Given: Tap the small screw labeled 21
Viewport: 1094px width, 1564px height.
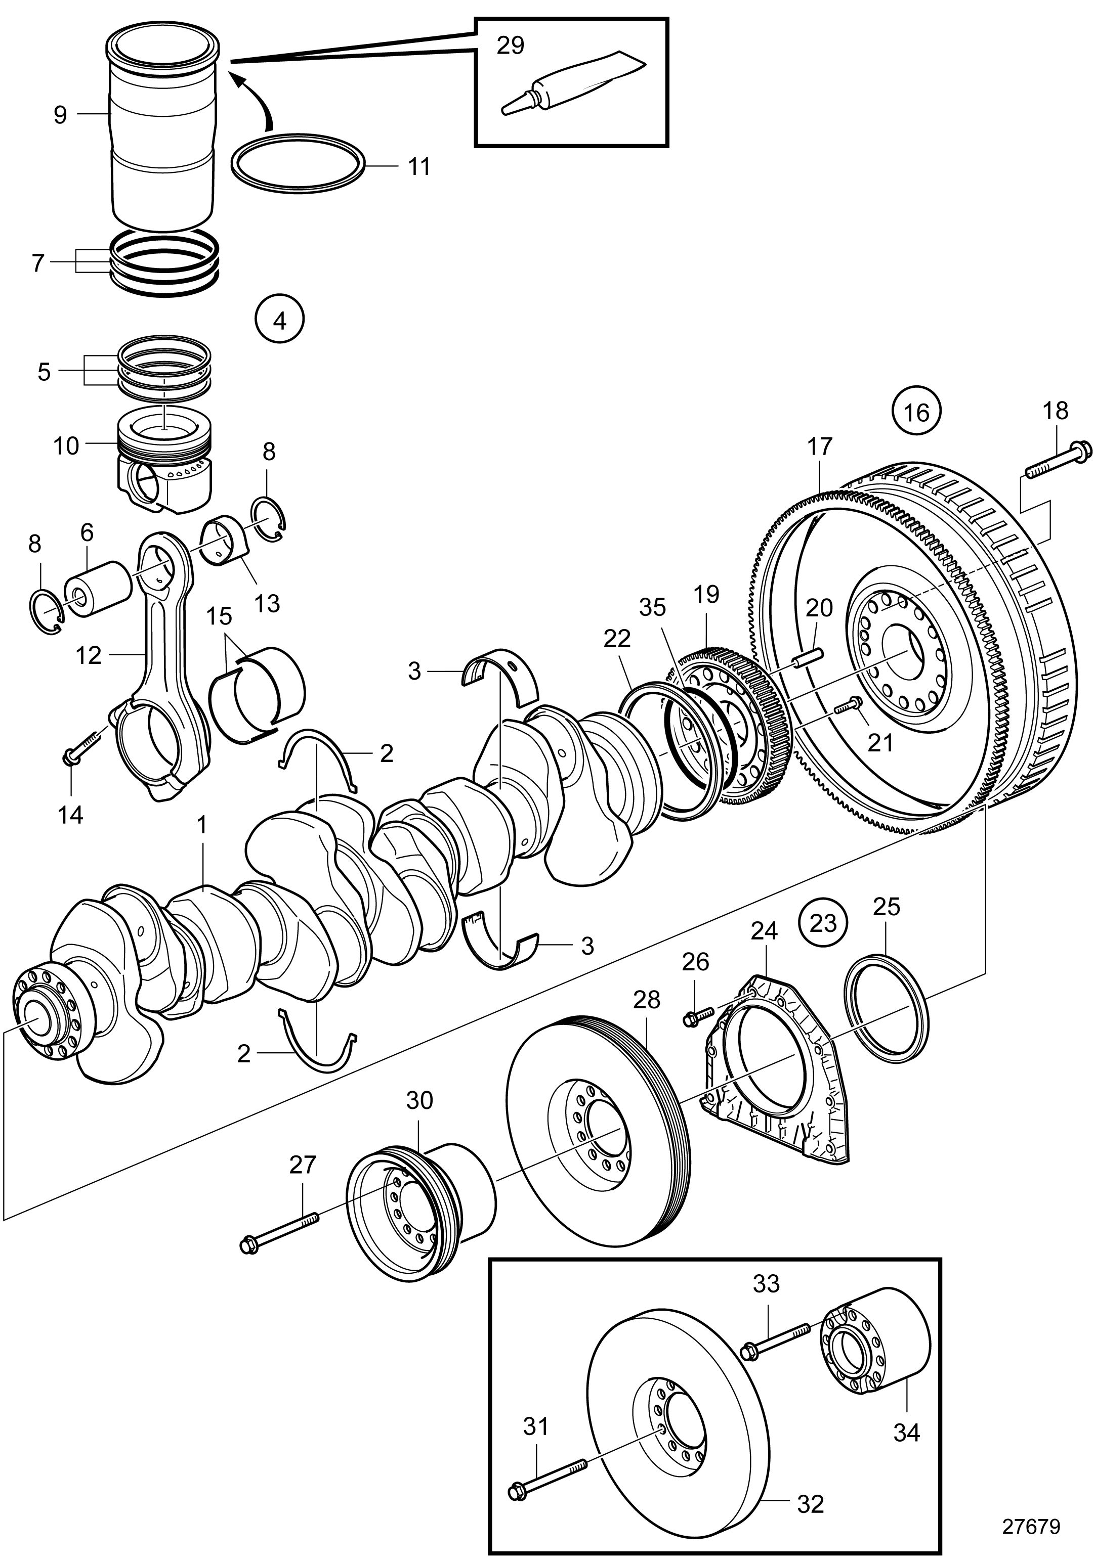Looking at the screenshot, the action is [x=847, y=706].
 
